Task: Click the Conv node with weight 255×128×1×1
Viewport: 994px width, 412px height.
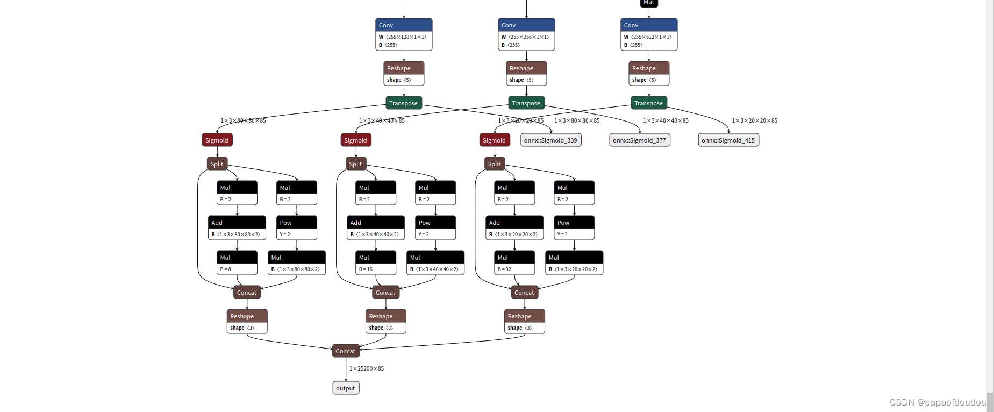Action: (404, 34)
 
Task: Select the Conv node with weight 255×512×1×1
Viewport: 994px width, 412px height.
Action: (649, 34)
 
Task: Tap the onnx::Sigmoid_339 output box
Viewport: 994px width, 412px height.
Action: (550, 140)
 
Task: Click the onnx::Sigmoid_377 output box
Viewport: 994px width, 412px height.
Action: (639, 140)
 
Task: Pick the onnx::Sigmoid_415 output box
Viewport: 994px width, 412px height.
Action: (728, 140)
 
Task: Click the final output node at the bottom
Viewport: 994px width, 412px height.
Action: (346, 388)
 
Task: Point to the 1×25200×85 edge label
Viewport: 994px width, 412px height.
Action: (367, 368)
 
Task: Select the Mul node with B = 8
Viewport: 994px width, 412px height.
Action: (237, 262)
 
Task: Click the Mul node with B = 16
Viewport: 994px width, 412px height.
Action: (375, 262)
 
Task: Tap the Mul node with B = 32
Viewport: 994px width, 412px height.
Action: (514, 262)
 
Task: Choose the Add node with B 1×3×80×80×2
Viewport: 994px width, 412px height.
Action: (237, 228)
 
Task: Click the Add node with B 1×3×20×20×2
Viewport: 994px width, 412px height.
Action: (514, 228)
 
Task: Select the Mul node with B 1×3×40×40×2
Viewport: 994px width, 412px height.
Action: (435, 262)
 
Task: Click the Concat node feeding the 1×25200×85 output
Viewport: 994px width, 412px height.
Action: (346, 351)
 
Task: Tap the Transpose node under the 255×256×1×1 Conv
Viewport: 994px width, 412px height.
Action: (526, 103)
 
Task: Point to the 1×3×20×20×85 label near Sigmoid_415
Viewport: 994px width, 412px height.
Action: (754, 120)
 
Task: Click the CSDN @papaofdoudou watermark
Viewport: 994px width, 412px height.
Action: (937, 402)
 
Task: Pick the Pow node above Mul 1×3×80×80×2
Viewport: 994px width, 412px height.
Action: (296, 228)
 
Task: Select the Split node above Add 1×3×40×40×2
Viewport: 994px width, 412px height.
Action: (355, 164)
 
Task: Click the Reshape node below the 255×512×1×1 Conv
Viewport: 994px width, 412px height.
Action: (649, 73)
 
